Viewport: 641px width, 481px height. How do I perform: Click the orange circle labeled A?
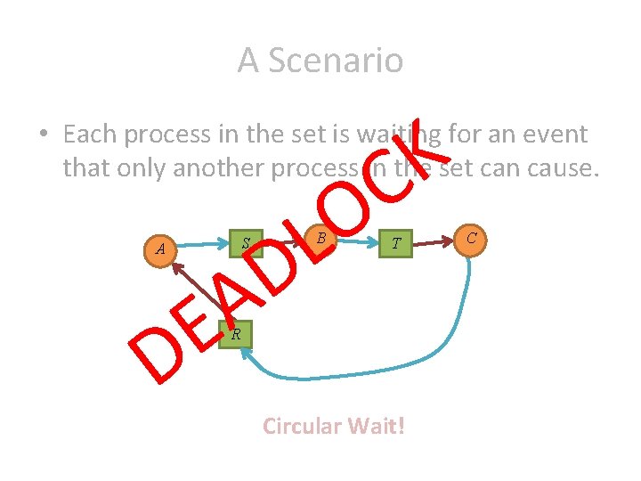(x=160, y=249)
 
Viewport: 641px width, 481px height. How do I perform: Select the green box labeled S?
(x=244, y=242)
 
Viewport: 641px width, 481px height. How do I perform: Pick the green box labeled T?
(x=397, y=243)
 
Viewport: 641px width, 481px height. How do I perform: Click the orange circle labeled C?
(x=472, y=237)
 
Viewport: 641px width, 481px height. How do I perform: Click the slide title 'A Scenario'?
(x=320, y=61)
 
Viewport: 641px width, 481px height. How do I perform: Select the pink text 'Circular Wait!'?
(x=334, y=426)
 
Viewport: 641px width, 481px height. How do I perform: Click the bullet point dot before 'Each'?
(x=42, y=135)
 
